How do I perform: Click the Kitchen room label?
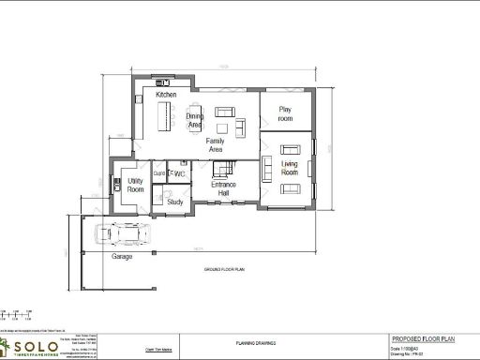click(166, 95)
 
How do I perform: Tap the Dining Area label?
click(195, 121)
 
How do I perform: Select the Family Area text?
click(216, 145)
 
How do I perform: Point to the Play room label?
click(286, 114)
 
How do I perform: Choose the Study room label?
click(174, 202)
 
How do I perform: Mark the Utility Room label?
click(135, 186)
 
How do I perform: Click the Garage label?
click(122, 256)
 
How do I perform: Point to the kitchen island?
click(170, 114)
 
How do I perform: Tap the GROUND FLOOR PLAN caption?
click(224, 269)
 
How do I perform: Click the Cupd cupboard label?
click(158, 174)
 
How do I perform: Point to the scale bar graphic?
click(15, 313)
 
